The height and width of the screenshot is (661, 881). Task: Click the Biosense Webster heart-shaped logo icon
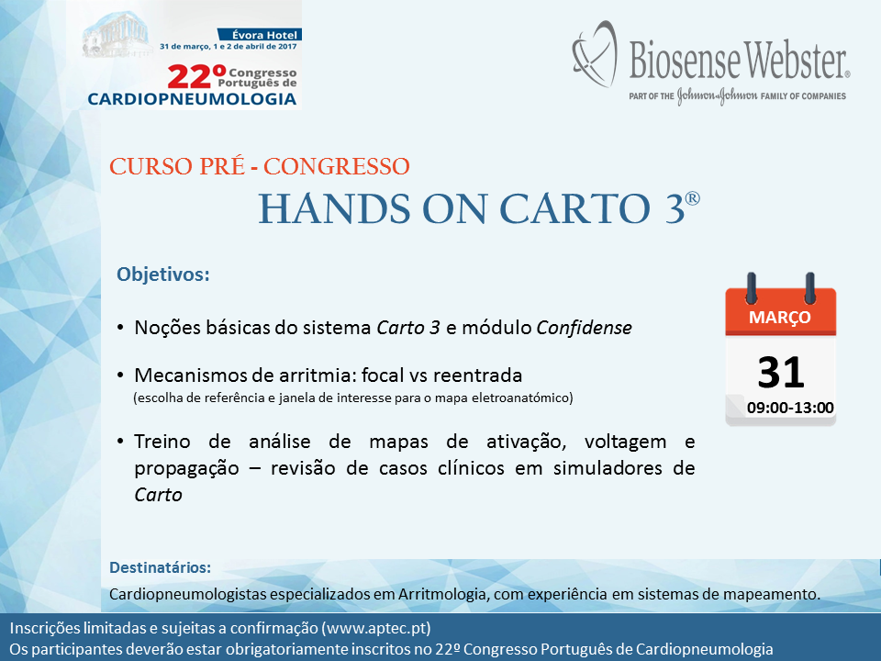(595, 54)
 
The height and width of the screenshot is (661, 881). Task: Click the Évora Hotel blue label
(260, 35)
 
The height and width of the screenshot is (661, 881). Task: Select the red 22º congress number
(196, 77)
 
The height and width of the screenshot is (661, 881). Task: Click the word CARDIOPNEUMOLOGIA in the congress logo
(192, 99)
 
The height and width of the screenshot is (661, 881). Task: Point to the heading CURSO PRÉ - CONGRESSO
(260, 166)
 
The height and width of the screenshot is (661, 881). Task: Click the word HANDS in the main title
(335, 209)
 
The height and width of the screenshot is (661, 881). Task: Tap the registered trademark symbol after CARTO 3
(693, 198)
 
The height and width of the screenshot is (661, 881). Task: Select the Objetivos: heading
(163, 274)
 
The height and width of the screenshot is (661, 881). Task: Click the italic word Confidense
(585, 327)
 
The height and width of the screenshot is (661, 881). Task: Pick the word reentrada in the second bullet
(478, 375)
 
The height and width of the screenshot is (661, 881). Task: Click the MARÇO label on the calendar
(780, 317)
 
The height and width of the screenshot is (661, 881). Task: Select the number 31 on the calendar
(780, 373)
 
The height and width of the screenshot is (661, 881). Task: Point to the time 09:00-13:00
(790, 408)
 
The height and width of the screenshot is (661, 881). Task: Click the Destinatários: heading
(160, 567)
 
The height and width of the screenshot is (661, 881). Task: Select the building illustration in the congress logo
(117, 35)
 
